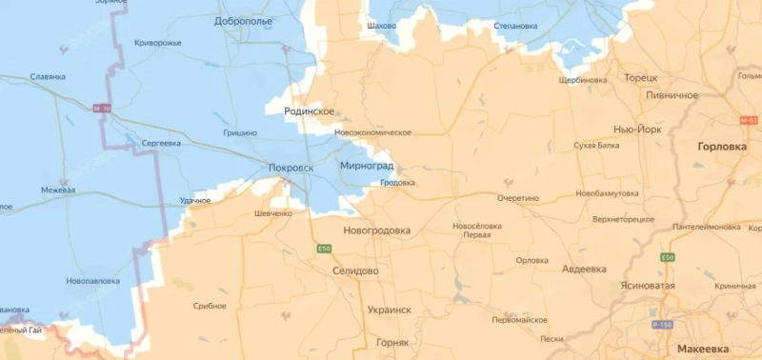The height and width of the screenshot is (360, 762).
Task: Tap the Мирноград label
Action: point(366,166)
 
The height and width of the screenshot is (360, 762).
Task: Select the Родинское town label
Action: point(310,111)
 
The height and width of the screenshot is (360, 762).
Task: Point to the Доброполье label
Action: point(243,20)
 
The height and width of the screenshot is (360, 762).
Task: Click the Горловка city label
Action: point(722,148)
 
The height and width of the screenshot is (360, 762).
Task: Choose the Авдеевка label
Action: point(584,270)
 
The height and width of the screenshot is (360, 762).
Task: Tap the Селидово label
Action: point(355,271)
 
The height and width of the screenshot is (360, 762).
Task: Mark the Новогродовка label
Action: point(376,230)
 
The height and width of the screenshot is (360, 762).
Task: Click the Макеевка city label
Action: point(706,349)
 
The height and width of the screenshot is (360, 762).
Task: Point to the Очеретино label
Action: point(517,198)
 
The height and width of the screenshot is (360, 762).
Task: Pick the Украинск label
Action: point(389,310)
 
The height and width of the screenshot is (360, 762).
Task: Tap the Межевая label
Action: point(57,190)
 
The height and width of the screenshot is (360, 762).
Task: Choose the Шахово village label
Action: point(381,26)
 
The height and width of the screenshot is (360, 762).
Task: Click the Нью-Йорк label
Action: point(636,129)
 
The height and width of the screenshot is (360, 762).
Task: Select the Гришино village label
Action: point(239,133)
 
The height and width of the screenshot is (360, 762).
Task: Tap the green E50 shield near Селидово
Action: point(325,250)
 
